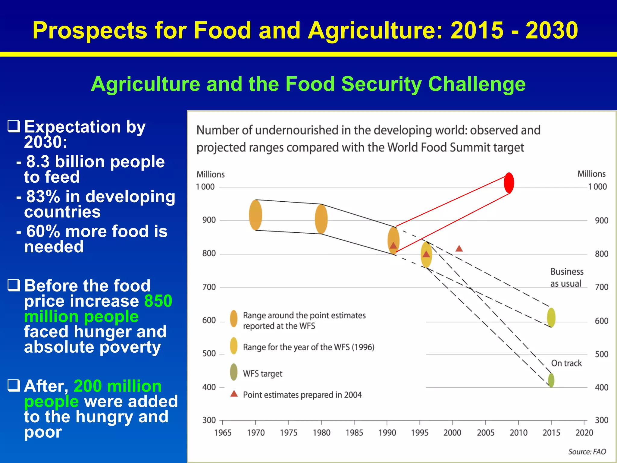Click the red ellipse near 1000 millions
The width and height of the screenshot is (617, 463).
(509, 183)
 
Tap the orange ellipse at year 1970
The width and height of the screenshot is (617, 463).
(255, 215)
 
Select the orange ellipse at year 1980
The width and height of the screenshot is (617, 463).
(321, 219)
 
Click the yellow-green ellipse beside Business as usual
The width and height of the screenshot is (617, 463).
(551, 317)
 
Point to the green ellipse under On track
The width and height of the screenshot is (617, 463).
(551, 380)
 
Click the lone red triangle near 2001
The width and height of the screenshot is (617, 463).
(459, 249)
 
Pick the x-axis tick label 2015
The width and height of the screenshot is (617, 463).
(551, 433)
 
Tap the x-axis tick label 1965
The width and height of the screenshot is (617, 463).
(223, 433)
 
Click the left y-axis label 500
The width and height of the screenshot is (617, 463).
(209, 354)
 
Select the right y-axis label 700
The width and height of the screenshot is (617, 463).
(601, 287)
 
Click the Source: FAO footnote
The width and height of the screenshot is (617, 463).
(587, 452)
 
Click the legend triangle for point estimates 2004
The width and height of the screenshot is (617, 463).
(234, 394)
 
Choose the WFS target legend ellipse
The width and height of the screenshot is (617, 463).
(233, 372)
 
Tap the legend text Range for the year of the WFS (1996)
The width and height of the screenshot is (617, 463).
(308, 347)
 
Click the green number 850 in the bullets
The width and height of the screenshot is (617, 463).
(158, 301)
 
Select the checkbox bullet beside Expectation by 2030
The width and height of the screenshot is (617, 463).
(14, 126)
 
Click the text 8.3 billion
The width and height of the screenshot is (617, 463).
(68, 162)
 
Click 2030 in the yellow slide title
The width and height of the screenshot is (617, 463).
(552, 30)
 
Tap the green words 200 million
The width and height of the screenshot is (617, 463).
(117, 386)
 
